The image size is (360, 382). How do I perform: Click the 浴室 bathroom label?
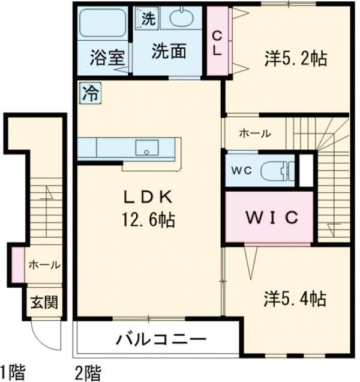(107, 58)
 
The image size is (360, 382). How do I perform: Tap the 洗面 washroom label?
(168, 52)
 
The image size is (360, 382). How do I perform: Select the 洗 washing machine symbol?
(148, 18)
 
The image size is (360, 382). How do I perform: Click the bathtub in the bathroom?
(101, 26)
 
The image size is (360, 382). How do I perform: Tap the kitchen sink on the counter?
(146, 148)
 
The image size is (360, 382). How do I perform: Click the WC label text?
(241, 170)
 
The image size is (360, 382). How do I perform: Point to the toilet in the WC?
(280, 170)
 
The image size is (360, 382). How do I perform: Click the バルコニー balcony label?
(161, 339)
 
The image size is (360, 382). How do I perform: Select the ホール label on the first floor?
(44, 265)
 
